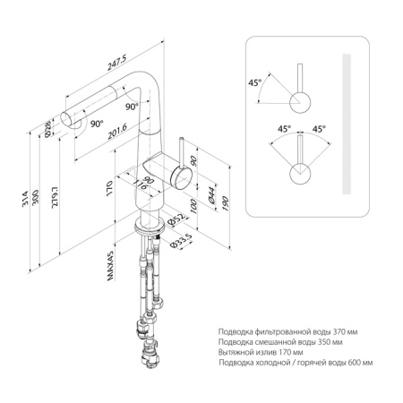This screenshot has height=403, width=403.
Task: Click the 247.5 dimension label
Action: pyautogui.click(x=117, y=63)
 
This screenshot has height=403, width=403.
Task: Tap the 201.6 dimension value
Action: pyautogui.click(x=117, y=132)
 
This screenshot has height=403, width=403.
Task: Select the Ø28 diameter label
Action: pyautogui.click(x=47, y=130)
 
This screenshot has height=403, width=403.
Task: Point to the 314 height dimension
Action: pyautogui.click(x=25, y=199)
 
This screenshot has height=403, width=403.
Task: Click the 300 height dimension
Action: pyautogui.click(x=35, y=197)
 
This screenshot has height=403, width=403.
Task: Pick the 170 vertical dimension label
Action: pyautogui.click(x=109, y=188)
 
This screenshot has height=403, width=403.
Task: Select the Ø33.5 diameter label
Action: pyautogui.click(x=181, y=241)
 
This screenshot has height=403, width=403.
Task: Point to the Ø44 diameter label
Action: pyautogui.click(x=211, y=195)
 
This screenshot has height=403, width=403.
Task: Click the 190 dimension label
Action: pyautogui.click(x=226, y=204)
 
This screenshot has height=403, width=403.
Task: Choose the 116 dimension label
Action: pyautogui.click(x=140, y=185)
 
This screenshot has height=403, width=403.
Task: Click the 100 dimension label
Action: pyautogui.click(x=193, y=207)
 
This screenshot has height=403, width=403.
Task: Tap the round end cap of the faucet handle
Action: pyautogui.click(x=180, y=178)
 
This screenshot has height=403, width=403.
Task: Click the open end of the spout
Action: pyautogui.click(x=66, y=119)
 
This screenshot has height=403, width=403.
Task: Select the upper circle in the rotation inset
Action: pyautogui.click(x=300, y=102)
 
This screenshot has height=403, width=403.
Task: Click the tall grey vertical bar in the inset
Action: pyautogui.click(x=347, y=124)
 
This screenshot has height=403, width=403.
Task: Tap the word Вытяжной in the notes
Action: pyautogui.click(x=236, y=353)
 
